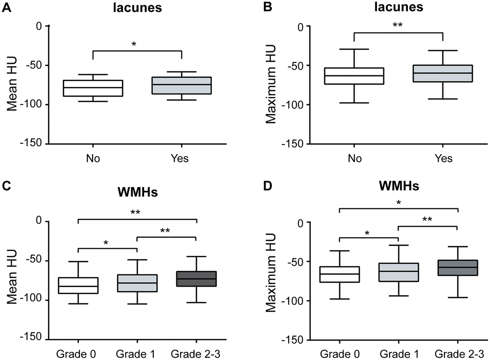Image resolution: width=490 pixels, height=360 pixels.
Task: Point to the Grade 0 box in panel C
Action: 78,286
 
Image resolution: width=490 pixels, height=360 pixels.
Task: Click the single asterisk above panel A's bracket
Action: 134,45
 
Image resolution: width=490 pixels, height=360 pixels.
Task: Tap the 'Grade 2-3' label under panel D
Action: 457,354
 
